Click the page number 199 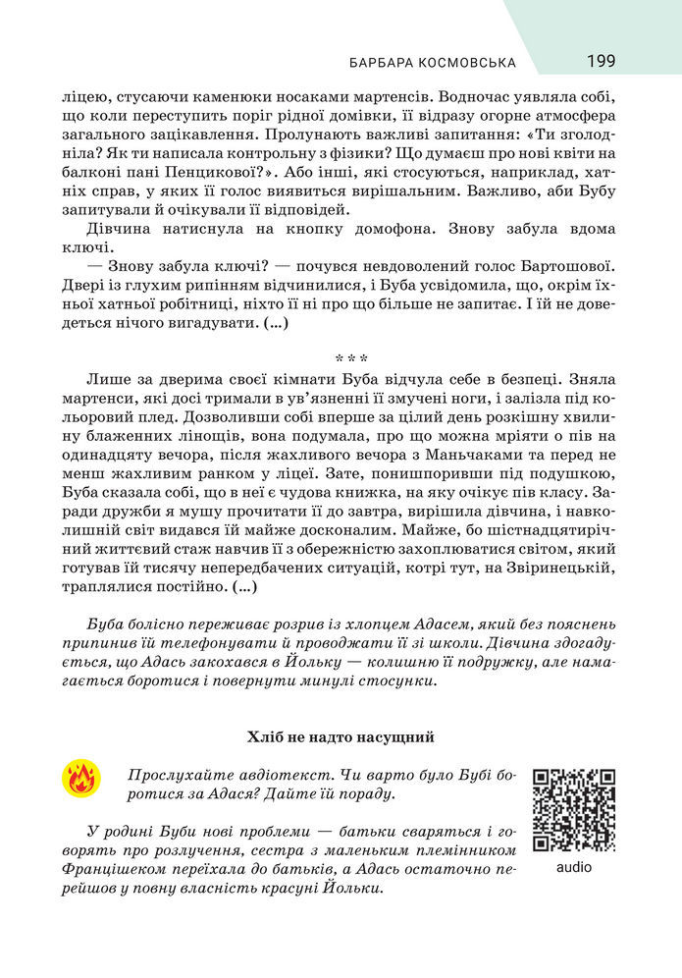(602, 61)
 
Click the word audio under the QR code (574, 867)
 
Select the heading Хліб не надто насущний (341, 736)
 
